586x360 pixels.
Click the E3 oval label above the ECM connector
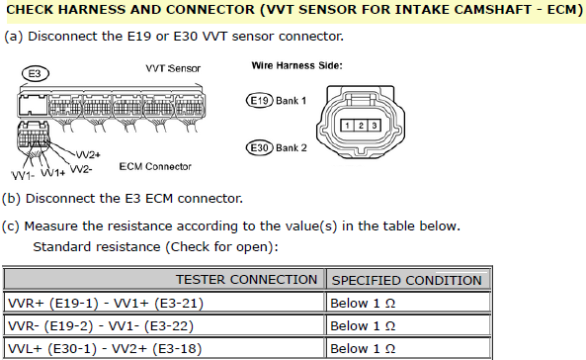click(36, 74)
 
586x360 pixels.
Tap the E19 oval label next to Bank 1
click(259, 101)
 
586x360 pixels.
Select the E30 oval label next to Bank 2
click(259, 147)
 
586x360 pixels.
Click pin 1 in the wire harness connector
click(347, 126)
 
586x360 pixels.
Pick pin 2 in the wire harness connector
click(361, 126)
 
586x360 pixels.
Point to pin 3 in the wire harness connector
click(375, 126)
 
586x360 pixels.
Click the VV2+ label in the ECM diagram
click(88, 154)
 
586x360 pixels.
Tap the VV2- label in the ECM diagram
click(81, 169)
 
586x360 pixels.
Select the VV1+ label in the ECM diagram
click(52, 172)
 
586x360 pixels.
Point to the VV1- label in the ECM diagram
click(23, 175)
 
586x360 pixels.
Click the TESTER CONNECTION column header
click(246, 280)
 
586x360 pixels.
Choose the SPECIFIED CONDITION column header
click(407, 280)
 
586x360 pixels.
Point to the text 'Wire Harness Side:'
click(296, 66)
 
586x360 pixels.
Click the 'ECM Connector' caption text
click(155, 166)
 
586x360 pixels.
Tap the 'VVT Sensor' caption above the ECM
click(173, 68)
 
